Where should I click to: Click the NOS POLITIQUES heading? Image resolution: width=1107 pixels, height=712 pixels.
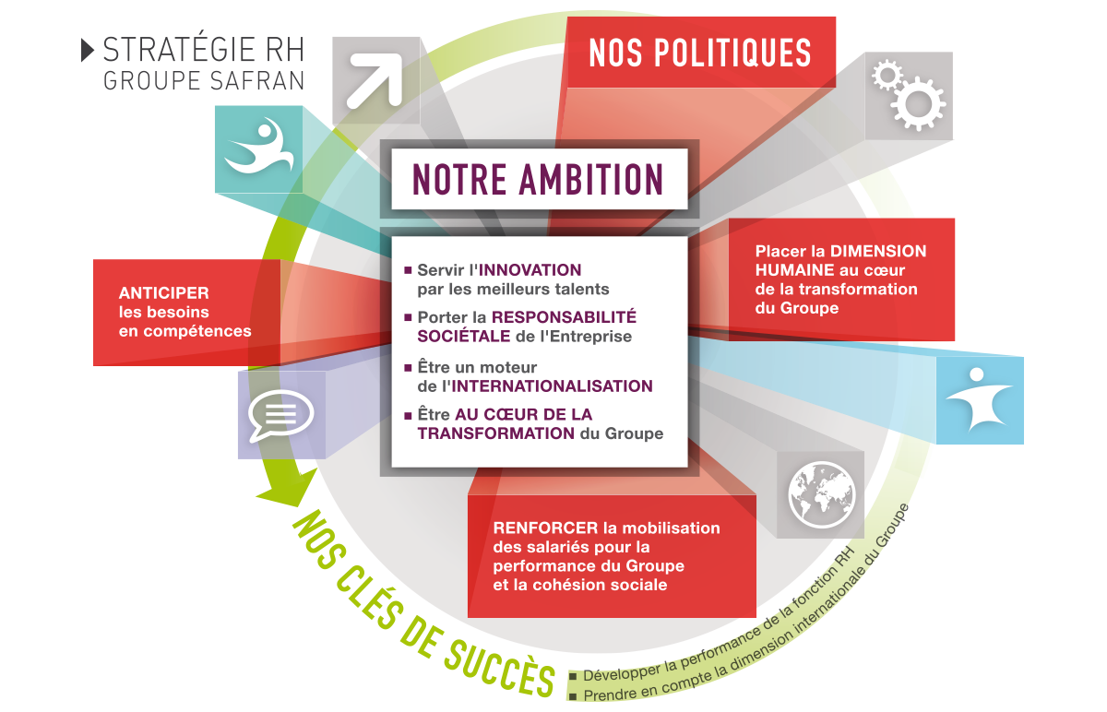coord(700,53)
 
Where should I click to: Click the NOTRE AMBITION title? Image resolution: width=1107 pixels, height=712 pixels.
coord(539,180)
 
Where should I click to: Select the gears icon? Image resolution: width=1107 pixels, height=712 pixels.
coord(908,95)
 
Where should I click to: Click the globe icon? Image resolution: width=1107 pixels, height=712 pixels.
coord(822,494)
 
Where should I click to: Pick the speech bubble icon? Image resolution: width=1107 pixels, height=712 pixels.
coord(280,418)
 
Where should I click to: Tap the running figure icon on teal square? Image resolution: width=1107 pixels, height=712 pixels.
coord(258,148)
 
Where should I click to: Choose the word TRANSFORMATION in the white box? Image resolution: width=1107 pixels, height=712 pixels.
coord(496,433)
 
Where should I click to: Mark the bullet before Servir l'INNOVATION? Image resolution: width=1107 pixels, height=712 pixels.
coord(408,270)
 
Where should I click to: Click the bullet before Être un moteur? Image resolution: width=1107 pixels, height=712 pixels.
coord(408,367)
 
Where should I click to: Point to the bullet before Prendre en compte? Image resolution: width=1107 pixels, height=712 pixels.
coord(575,695)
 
